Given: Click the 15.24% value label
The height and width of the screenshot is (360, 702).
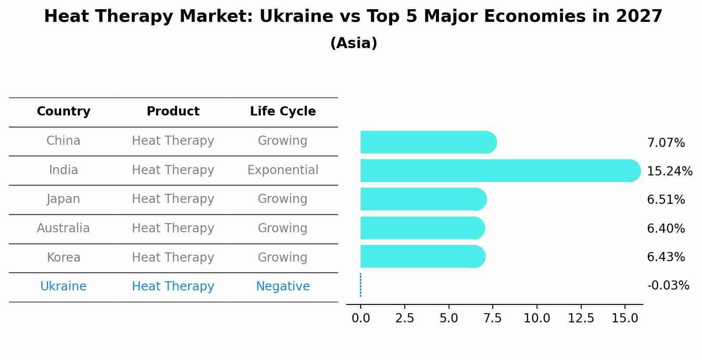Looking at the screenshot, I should [x=669, y=171].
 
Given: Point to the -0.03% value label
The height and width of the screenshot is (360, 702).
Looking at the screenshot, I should [x=668, y=286].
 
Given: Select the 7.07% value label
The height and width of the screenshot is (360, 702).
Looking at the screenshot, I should [x=666, y=143].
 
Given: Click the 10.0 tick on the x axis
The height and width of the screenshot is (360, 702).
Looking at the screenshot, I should [x=537, y=318].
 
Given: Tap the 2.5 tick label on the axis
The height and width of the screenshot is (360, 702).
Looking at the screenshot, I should [x=404, y=318].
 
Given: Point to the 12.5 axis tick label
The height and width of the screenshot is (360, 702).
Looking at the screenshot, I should [x=581, y=318].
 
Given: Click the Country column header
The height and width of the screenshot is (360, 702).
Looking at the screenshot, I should [x=63, y=112].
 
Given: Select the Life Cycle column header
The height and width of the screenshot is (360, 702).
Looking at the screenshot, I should [x=283, y=112].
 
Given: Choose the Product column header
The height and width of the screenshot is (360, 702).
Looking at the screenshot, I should [x=173, y=112].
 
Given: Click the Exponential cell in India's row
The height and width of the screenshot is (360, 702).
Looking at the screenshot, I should [x=283, y=170].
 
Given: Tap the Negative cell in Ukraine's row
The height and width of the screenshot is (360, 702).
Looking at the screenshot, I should [x=283, y=286].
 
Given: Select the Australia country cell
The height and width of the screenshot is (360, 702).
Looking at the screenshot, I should [x=63, y=228].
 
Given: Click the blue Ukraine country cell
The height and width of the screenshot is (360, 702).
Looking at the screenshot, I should [x=63, y=286].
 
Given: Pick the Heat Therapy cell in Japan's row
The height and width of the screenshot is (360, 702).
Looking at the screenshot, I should [x=173, y=199].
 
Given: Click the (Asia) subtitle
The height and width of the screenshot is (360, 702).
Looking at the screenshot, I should [x=354, y=43].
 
